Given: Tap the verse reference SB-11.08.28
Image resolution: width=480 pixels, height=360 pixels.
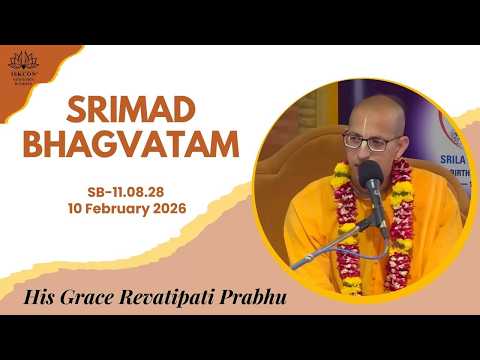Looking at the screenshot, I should pyautogui.click(x=153, y=190).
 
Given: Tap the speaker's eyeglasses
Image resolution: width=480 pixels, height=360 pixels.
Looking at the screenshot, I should pyautogui.click(x=358, y=141).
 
